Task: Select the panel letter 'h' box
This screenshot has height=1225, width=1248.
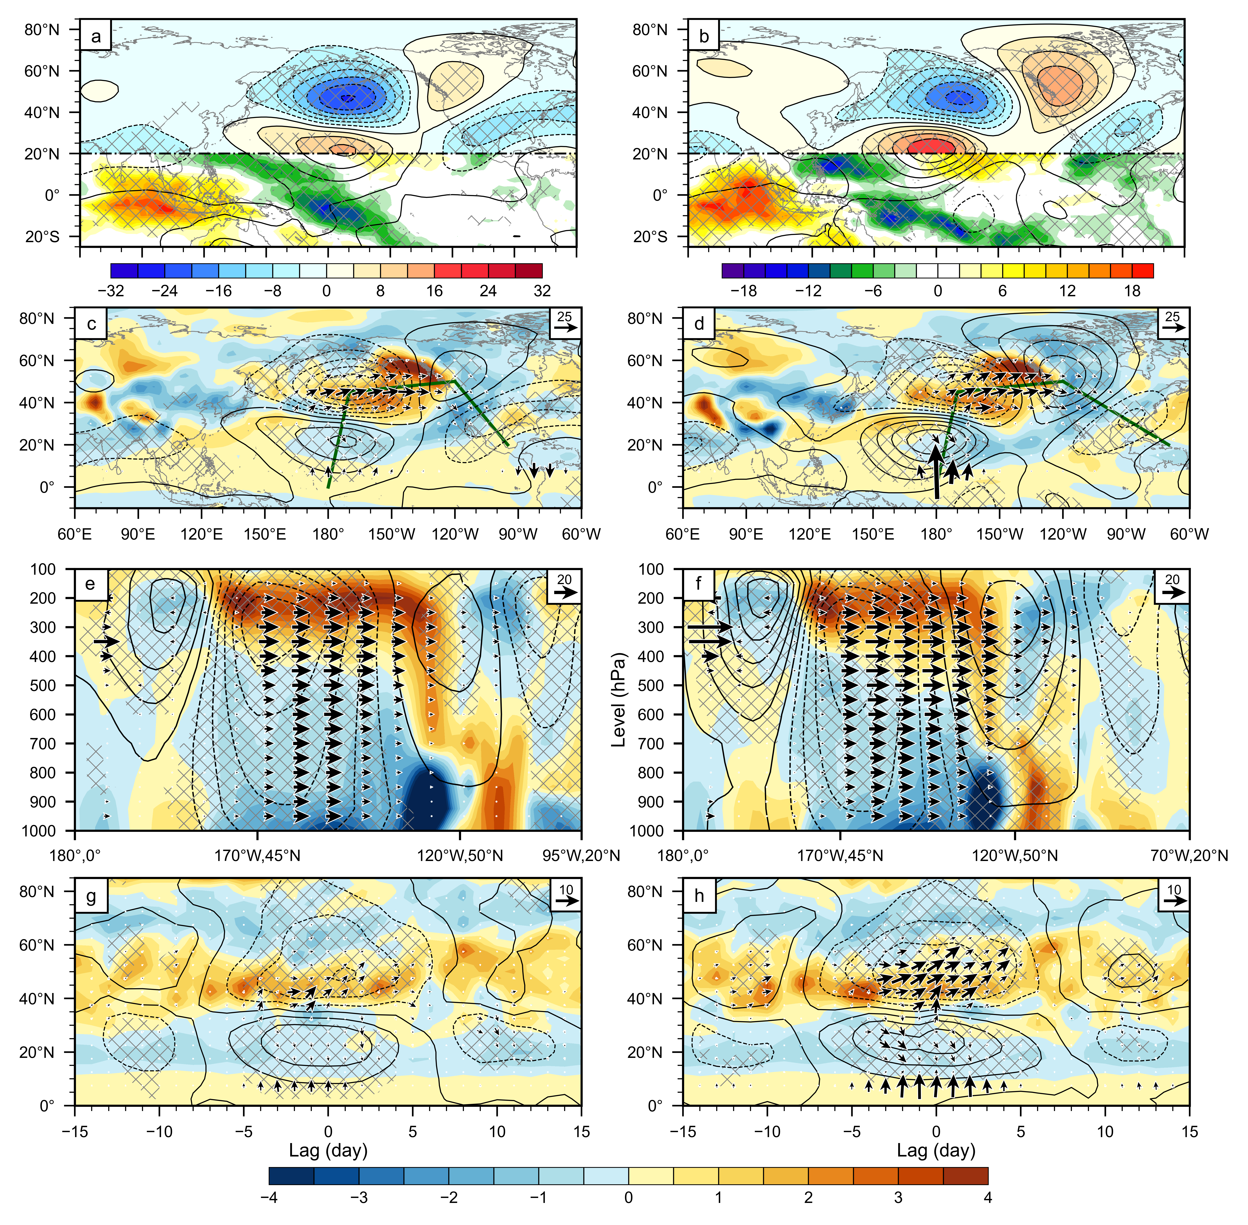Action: (x=699, y=896)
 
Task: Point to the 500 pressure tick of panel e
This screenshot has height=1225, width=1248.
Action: (x=43, y=685)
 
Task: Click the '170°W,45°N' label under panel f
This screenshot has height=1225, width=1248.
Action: (x=840, y=856)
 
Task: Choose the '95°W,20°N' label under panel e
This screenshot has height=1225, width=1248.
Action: (x=581, y=856)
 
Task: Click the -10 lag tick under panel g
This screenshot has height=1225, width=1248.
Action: (x=159, y=1132)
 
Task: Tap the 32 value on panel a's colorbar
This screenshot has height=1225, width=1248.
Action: (x=542, y=291)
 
